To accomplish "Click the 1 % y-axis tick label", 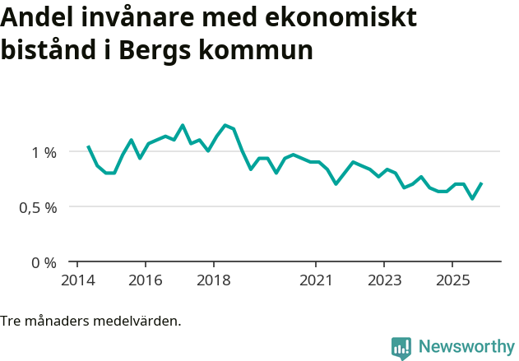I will coord(44,152).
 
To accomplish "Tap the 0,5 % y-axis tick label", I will coord(39,207).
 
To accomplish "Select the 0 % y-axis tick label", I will coord(44,263).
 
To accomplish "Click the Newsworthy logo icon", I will coord(401,348).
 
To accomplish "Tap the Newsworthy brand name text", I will coord(466,347).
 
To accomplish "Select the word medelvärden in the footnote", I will coord(140,321).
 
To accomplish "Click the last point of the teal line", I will coord(481,183).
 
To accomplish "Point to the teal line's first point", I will coord(88,146).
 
